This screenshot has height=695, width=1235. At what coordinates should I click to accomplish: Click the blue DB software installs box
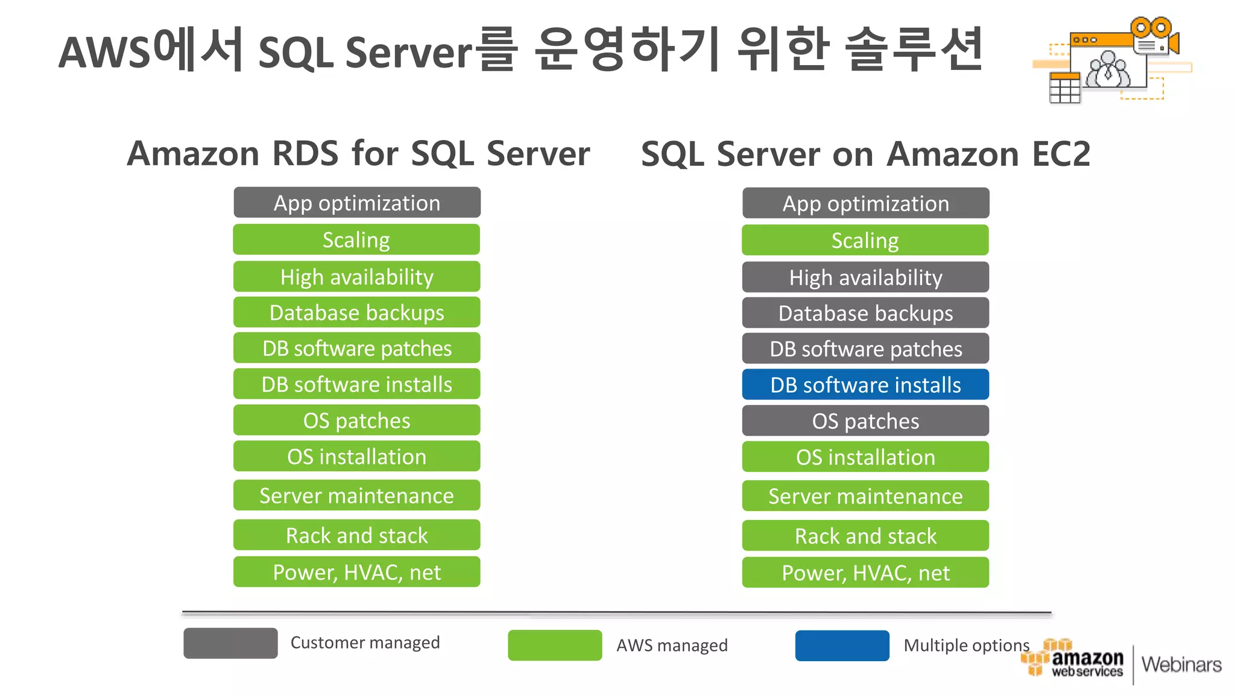click(865, 385)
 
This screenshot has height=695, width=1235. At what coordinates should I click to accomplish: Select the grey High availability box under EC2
click(865, 278)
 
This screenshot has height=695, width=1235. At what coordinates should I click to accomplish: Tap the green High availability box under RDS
click(356, 277)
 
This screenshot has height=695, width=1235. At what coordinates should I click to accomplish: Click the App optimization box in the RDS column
click(356, 203)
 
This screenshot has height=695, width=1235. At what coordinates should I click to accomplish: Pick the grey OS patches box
click(865, 421)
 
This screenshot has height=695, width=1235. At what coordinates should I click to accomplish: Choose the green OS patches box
click(356, 420)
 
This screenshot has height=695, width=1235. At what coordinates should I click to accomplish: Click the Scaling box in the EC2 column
click(865, 241)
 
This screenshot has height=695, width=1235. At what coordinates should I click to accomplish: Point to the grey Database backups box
click(865, 313)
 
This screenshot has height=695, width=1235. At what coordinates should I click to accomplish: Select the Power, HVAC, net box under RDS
click(356, 572)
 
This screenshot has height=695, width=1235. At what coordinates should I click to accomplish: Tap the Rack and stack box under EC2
click(865, 536)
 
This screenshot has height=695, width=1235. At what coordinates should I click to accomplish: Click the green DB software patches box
click(356, 348)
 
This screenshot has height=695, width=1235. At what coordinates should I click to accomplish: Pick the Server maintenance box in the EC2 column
click(865, 496)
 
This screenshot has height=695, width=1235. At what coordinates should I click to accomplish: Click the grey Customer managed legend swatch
click(230, 643)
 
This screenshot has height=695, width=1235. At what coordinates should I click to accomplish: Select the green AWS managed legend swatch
click(555, 646)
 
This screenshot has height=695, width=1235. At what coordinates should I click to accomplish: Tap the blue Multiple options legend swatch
click(842, 646)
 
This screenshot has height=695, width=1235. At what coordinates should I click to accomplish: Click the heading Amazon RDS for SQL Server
click(358, 153)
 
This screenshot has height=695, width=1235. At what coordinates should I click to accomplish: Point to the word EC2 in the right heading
click(1061, 154)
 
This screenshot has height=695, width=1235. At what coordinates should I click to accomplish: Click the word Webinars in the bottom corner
click(1181, 665)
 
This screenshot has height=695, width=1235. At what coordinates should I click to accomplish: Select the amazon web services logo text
click(1087, 662)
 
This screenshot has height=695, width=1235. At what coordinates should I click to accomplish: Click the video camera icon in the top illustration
click(1154, 37)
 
